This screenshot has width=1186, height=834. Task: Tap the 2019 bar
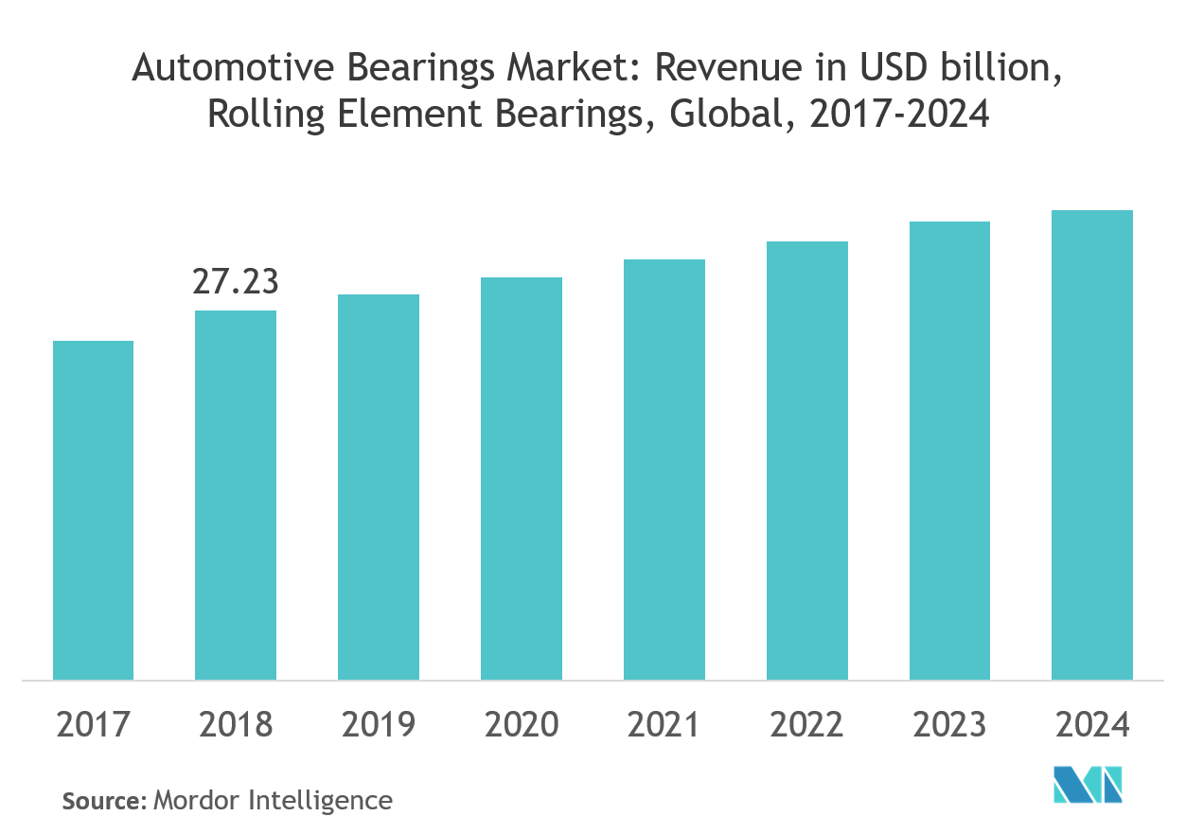click(379, 487)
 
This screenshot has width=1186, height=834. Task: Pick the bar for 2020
click(522, 478)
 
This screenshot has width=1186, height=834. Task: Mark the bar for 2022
click(807, 460)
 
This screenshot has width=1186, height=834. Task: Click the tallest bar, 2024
click(1092, 444)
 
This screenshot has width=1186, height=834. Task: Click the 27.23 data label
click(236, 282)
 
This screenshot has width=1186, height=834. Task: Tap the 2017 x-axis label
click(93, 725)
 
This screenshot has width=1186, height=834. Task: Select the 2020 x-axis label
click(522, 725)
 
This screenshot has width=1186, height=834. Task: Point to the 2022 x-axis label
click(807, 725)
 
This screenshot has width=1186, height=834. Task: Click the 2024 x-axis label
click(1092, 725)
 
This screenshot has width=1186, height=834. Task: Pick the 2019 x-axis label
click(379, 725)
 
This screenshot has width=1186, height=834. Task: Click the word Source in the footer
click(102, 801)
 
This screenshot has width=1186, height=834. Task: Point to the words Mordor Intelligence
click(273, 801)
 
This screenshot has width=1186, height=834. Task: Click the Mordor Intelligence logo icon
click(1088, 783)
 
